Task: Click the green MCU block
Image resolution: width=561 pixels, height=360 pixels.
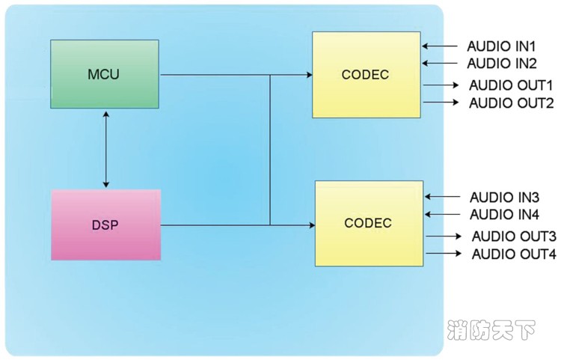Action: click(104, 75)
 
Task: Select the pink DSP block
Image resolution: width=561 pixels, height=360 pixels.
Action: click(105, 225)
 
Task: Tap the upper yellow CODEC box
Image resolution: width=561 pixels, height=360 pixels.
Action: click(366, 75)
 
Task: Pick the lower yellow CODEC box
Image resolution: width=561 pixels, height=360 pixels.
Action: click(368, 224)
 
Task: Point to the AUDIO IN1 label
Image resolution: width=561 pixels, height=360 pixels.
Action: click(502, 46)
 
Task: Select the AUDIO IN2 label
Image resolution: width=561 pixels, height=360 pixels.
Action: click(502, 64)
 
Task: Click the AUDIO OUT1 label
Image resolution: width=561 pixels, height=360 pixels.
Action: click(511, 85)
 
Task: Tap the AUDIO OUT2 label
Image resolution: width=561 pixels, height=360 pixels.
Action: click(512, 103)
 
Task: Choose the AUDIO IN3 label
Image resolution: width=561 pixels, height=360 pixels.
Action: click(504, 198)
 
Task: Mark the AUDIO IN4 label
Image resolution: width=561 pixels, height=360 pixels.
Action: click(504, 216)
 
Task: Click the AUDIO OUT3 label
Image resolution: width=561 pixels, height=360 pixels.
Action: click(513, 237)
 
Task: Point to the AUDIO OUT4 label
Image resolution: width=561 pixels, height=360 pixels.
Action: click(513, 254)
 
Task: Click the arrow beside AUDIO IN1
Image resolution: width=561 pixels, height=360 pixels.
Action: click(441, 46)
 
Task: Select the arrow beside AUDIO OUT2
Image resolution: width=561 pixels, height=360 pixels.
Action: click(441, 103)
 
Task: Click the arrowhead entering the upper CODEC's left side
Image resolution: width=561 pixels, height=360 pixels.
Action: click(308, 75)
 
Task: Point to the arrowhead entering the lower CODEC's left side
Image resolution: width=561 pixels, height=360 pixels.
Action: click(310, 224)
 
